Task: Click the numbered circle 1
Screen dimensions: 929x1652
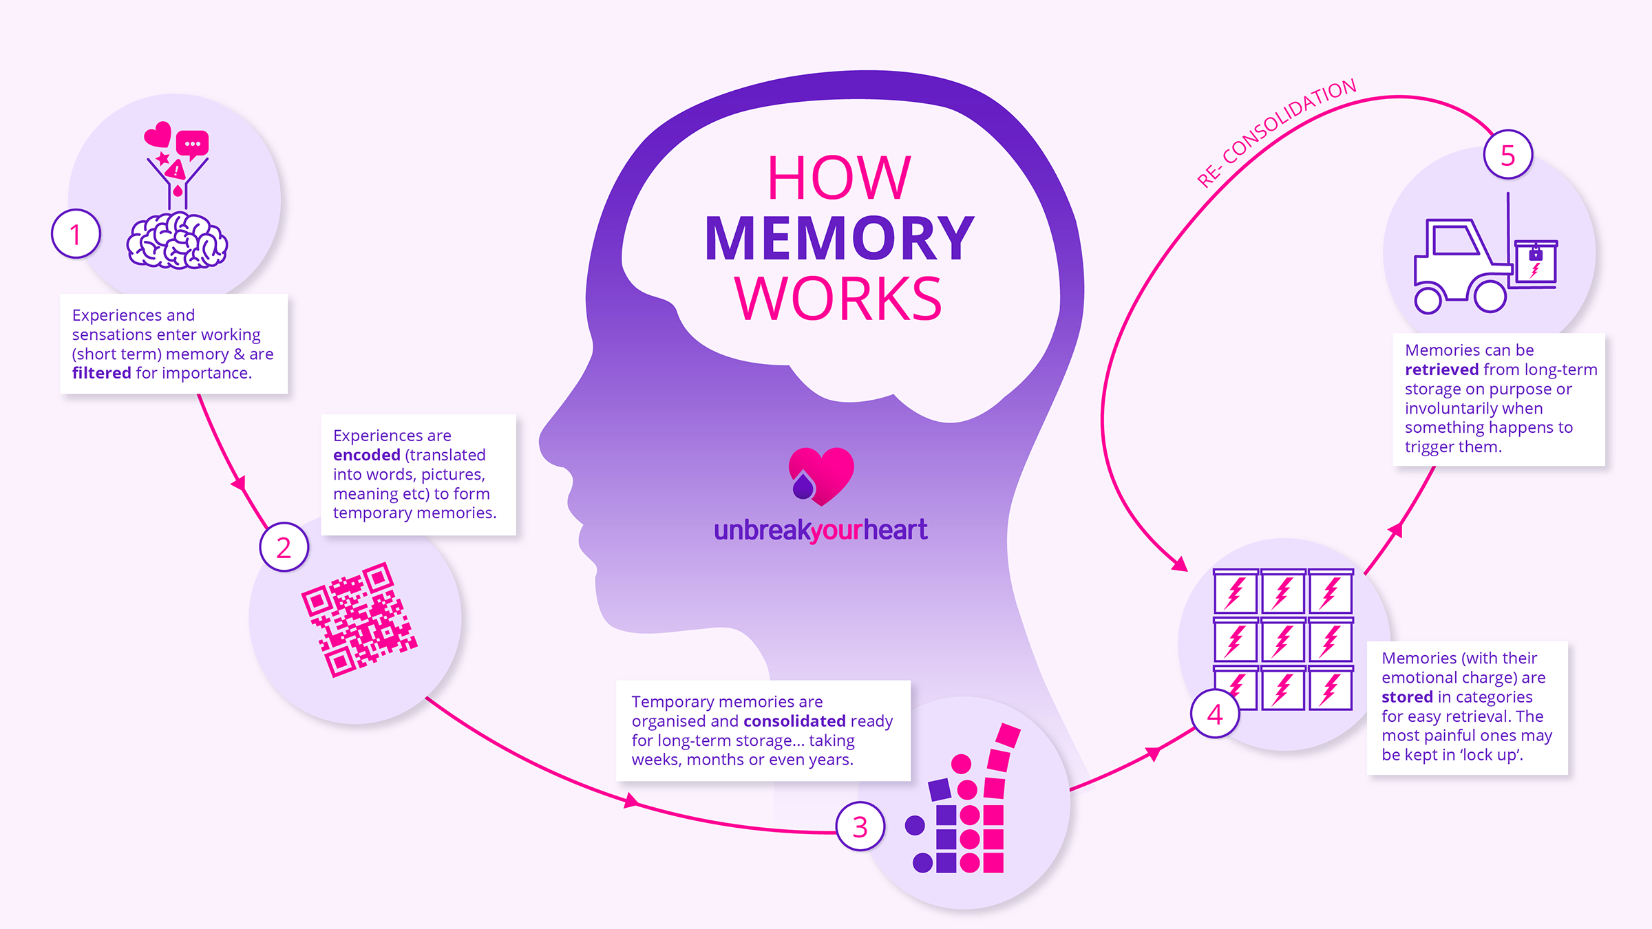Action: (x=76, y=234)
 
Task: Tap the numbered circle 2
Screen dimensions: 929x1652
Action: (x=284, y=547)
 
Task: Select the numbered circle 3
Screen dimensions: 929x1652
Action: (x=860, y=826)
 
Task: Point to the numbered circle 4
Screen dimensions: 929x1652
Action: (x=1215, y=714)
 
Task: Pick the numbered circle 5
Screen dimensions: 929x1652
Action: (x=1507, y=155)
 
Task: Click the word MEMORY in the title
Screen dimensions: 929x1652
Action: (x=839, y=238)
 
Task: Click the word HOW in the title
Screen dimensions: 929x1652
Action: (x=839, y=178)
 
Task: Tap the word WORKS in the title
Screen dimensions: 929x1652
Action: (x=838, y=299)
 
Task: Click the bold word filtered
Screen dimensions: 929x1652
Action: (x=101, y=373)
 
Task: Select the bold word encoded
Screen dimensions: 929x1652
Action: (x=366, y=455)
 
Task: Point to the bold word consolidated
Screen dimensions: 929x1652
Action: (x=794, y=720)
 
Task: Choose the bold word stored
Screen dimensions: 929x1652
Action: (x=1407, y=697)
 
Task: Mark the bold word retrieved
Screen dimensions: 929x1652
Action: (x=1441, y=370)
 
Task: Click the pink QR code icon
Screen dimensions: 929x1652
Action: (x=359, y=619)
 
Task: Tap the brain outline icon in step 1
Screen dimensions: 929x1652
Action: (x=177, y=241)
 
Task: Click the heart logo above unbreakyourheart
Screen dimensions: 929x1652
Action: (x=821, y=476)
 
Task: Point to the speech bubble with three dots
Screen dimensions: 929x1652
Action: (x=192, y=144)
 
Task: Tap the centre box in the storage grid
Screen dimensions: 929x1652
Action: (x=1283, y=640)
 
